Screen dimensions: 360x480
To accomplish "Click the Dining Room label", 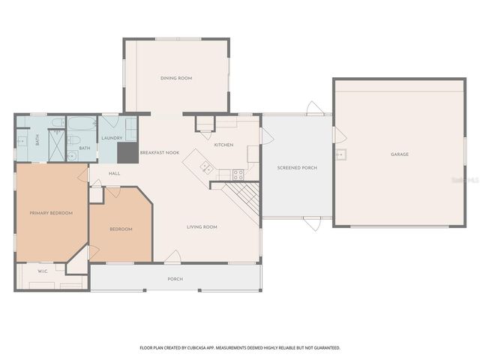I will [176, 78].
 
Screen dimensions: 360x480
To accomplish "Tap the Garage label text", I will [400, 154].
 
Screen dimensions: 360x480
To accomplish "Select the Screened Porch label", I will [297, 167].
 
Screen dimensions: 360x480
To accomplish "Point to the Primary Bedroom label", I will [51, 213].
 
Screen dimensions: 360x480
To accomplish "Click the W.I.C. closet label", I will [43, 271].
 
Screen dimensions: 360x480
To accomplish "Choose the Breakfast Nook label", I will [160, 152].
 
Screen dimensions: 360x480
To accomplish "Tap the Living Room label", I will [202, 226].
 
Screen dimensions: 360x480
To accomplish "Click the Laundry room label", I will [112, 138].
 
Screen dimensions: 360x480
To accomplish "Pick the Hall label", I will [114, 173].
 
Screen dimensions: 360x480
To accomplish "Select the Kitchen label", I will [223, 145].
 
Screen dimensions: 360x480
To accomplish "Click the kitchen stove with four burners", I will [238, 175].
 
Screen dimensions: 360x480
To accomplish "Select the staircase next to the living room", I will [244, 197].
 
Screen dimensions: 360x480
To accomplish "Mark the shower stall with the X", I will [56, 145].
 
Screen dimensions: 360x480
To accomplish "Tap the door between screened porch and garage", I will [337, 136].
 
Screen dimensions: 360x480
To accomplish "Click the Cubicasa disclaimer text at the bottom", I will [240, 348].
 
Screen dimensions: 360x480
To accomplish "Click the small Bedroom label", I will [121, 229].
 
